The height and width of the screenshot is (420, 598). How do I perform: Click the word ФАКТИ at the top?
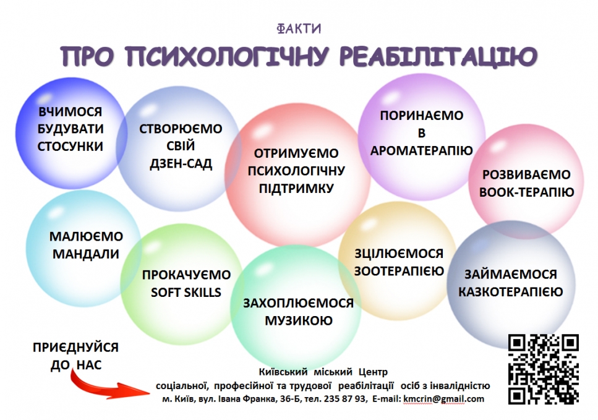click(299, 28)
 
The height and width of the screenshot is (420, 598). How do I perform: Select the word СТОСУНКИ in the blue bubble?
click(70, 147)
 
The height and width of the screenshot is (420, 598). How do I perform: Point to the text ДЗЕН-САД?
click(181, 164)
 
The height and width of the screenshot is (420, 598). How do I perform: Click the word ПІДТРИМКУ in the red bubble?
click(296, 189)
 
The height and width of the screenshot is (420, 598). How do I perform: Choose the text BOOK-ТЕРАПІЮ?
click(527, 192)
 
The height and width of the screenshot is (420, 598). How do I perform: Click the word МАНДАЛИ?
click(86, 254)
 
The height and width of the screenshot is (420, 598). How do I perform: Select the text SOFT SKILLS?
click(186, 293)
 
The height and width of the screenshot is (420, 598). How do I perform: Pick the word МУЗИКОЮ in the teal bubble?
click(299, 320)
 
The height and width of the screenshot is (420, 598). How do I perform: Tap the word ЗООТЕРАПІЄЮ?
click(399, 271)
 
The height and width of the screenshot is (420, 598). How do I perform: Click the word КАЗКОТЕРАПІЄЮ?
click(511, 292)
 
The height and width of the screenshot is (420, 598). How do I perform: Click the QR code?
click(544, 369)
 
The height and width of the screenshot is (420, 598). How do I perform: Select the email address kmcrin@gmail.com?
click(443, 399)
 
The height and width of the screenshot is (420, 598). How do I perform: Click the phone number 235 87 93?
click(344, 399)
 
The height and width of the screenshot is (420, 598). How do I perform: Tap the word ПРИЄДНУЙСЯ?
click(75, 348)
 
